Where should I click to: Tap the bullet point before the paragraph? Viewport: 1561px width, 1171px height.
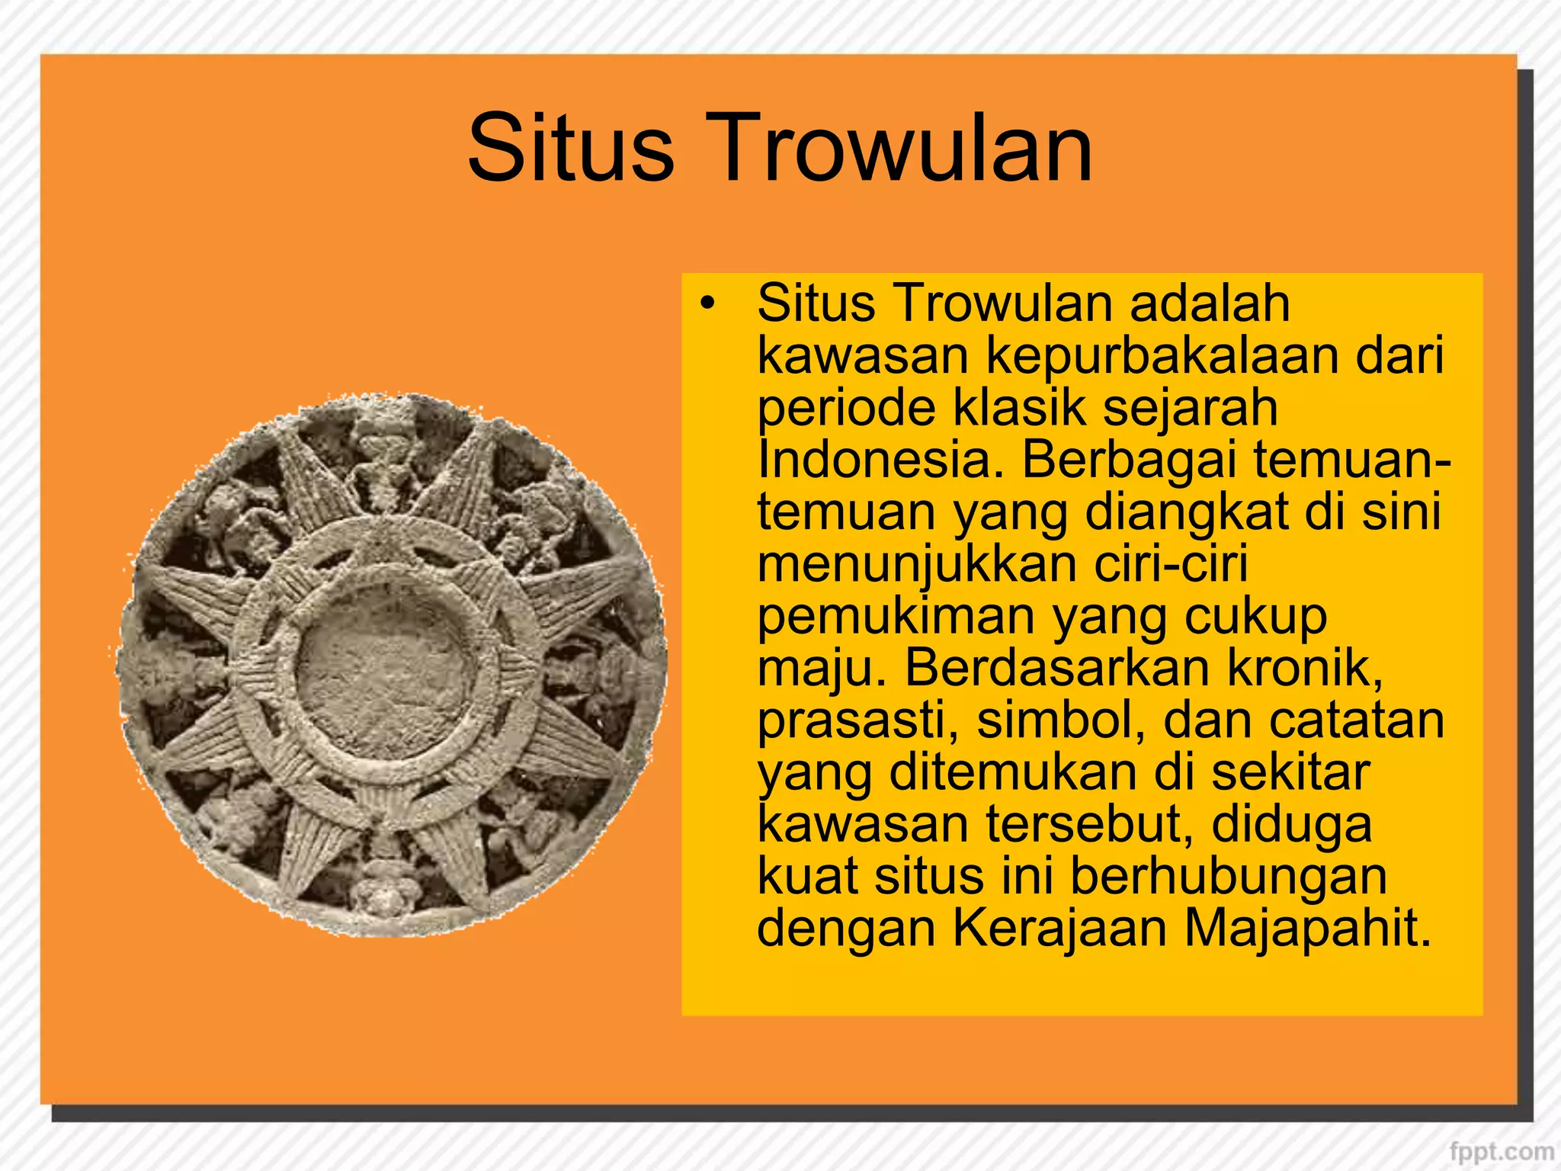click(708, 303)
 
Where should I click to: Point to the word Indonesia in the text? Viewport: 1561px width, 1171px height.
click(880, 460)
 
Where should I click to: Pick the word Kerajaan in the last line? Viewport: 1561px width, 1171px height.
click(1060, 929)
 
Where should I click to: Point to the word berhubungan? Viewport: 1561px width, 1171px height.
click(1229, 877)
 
